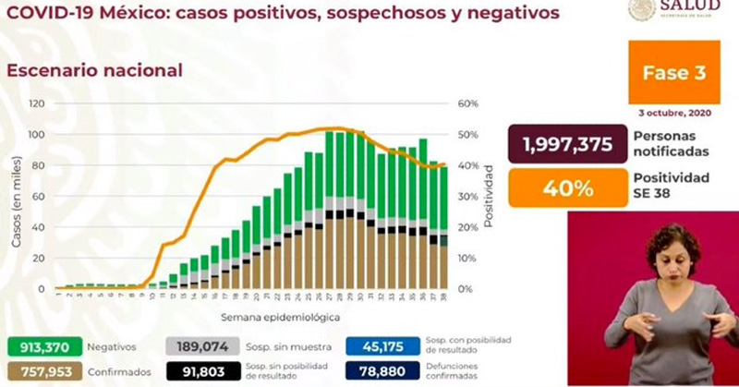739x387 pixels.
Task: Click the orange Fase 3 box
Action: click(674, 73)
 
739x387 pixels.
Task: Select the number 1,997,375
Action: click(561, 145)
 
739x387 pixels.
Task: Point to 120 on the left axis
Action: click(38, 104)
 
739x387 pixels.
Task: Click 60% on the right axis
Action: click(467, 104)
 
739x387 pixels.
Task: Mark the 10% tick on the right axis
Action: click(467, 258)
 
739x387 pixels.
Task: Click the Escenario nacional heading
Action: click(94, 70)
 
